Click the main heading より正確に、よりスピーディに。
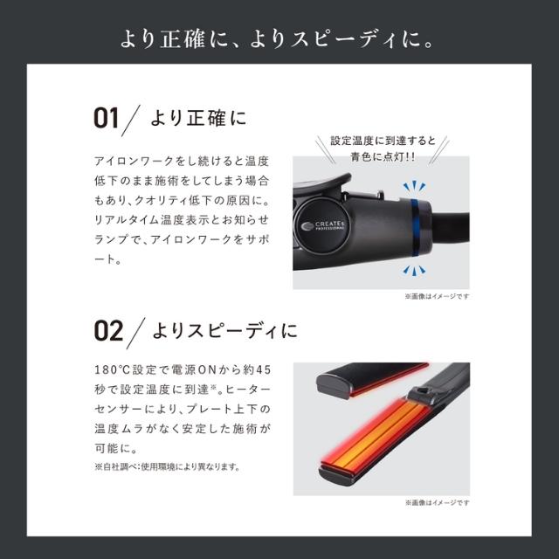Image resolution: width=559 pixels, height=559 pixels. point(279,38)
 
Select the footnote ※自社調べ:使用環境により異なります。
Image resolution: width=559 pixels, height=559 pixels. point(166,466)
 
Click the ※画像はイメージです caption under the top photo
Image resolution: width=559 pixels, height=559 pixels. point(437,296)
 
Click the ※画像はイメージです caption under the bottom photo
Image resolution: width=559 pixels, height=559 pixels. point(437,503)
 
